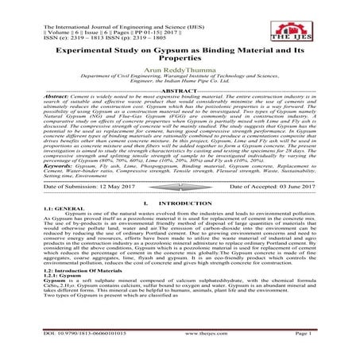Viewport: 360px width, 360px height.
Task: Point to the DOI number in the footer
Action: (69, 354)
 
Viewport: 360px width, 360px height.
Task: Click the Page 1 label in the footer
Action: (322, 354)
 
